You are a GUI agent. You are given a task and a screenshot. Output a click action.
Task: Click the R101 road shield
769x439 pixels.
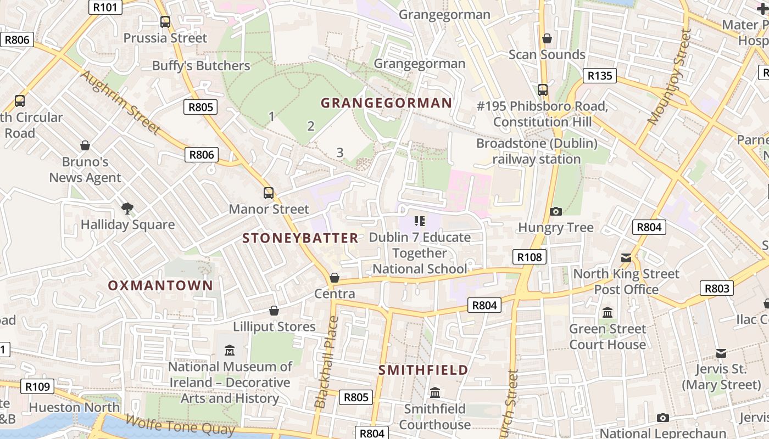[x=105, y=7]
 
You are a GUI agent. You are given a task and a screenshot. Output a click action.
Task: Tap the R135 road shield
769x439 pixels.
[x=599, y=76]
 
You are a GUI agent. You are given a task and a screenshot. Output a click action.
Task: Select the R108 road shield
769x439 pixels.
[x=530, y=257]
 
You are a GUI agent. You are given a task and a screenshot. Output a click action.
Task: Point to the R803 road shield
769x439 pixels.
[x=717, y=288]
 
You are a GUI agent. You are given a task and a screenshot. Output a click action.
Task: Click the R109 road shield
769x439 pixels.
[x=38, y=386]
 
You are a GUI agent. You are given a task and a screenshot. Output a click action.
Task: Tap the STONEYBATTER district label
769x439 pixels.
[x=300, y=238]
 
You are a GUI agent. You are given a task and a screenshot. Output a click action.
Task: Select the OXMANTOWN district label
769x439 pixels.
[x=160, y=285]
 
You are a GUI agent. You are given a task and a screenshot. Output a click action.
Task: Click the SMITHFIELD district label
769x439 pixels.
[x=423, y=370]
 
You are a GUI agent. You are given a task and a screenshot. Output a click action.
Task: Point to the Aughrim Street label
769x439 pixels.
[x=120, y=103]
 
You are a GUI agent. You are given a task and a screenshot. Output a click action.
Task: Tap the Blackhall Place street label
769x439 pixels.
[x=327, y=362]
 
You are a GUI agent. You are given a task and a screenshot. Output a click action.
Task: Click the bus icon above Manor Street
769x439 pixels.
[x=269, y=193]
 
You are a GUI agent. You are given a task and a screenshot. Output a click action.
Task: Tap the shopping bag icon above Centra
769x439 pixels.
[x=334, y=278]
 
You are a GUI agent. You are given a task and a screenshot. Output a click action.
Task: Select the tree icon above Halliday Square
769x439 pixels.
[x=127, y=208]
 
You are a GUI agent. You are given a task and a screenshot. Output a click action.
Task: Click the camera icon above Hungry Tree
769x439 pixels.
[x=556, y=211]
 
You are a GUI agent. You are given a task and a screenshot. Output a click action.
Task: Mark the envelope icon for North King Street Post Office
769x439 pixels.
[x=626, y=257]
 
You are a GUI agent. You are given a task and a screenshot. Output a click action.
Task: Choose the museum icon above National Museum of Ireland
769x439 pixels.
[x=230, y=350]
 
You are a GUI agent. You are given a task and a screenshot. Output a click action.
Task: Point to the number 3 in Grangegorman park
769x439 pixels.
[x=340, y=153]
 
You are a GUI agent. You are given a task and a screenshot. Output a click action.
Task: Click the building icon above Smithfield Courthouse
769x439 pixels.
[x=435, y=393]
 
